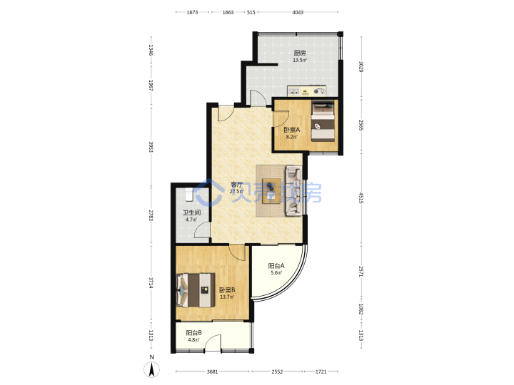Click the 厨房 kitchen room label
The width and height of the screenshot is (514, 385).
point(300,53)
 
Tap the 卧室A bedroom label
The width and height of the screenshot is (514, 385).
point(291,130)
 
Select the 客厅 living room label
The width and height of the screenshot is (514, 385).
point(236,185)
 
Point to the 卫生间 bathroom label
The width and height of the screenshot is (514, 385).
point(191,212)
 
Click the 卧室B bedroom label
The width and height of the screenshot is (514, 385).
point(227,289)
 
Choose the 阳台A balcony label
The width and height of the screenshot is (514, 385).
point(276,266)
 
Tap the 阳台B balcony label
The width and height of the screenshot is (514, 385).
point(193,333)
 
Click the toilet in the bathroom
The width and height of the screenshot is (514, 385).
point(189,195)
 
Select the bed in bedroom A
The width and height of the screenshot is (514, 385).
point(323,120)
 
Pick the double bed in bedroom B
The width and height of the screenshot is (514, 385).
point(196,290)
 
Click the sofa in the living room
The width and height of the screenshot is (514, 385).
point(293,191)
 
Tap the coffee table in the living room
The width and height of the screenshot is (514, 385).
point(271,191)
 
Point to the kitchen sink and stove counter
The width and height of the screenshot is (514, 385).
point(307,91)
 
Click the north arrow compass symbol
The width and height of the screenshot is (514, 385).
point(152,370)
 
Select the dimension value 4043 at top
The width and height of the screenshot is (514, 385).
point(298,12)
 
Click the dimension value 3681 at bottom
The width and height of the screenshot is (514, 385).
point(213,371)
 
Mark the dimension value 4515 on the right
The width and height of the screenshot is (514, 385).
point(361,198)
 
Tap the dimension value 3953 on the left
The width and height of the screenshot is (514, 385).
point(151,147)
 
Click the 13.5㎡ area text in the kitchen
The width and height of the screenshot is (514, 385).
point(300,60)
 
